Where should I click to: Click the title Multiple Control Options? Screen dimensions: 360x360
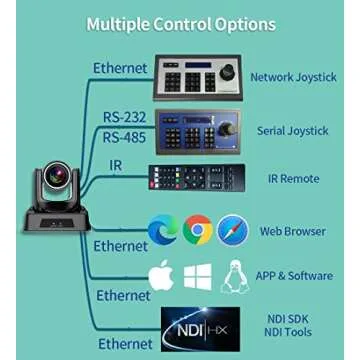(x=180, y=24)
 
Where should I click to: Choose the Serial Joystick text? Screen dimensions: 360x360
(x=292, y=131)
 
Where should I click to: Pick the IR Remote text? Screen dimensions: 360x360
(x=293, y=179)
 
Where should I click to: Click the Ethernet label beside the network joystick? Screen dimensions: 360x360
(x=120, y=69)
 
